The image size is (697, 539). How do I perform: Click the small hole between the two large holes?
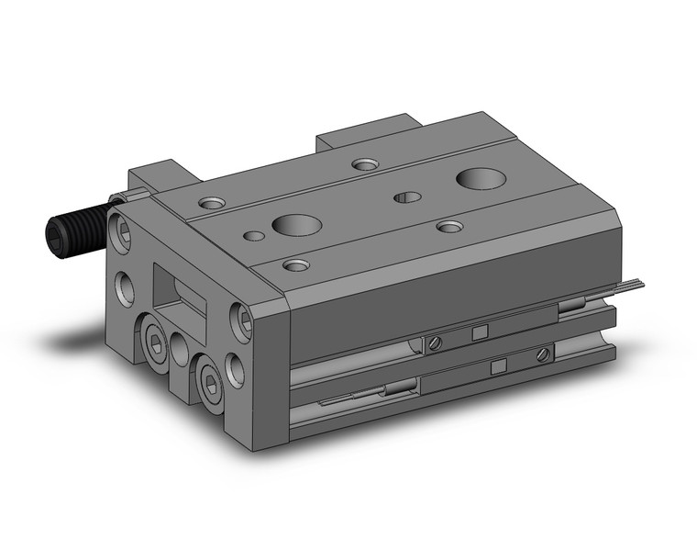click(406, 197)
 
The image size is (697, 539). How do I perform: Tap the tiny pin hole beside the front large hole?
click(255, 236)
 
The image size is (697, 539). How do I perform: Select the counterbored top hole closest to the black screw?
click(212, 201)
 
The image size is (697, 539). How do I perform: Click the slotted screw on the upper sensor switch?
click(436, 343)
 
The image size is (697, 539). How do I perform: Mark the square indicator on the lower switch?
click(498, 367)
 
